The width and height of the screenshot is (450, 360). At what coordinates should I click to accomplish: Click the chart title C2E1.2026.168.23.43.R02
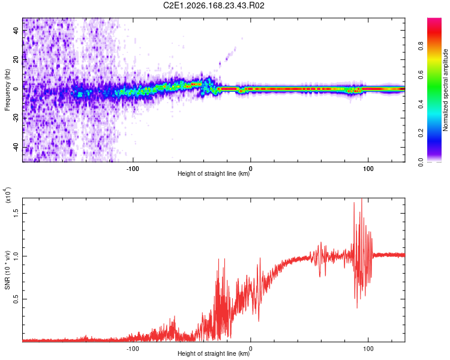[214, 5]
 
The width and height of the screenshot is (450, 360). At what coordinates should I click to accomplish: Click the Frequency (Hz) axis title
[7, 90]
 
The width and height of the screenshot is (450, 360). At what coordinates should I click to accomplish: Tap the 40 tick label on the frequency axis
[16, 31]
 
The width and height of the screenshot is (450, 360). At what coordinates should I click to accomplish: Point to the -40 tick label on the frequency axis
[16, 148]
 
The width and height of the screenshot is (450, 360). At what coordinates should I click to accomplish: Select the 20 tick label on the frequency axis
[16, 60]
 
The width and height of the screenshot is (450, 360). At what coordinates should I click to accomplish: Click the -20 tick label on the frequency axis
[16, 119]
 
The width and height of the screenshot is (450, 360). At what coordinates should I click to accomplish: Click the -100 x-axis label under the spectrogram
[133, 169]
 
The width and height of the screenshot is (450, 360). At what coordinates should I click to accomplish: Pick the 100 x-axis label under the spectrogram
[368, 169]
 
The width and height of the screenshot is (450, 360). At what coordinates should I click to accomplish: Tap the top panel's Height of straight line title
[214, 173]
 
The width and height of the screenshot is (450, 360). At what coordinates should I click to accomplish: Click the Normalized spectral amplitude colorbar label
[445, 90]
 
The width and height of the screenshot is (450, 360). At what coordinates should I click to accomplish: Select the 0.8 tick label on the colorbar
[421, 46]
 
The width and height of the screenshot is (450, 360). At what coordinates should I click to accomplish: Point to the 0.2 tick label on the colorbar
[421, 133]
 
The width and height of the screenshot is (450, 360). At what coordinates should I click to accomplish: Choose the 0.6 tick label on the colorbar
[421, 75]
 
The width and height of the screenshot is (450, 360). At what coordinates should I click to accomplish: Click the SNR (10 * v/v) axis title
[7, 270]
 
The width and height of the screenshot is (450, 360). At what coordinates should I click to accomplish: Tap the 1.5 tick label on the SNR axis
[16, 213]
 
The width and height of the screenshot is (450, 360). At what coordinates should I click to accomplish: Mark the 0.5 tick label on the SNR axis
[16, 299]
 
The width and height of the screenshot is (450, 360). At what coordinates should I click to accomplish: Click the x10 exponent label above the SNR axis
[7, 194]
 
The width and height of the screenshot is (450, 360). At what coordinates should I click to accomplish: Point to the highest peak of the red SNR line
[362, 199]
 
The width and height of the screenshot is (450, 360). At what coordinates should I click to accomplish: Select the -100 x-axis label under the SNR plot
[133, 349]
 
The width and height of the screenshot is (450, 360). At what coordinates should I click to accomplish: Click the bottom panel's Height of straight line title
[214, 353]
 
